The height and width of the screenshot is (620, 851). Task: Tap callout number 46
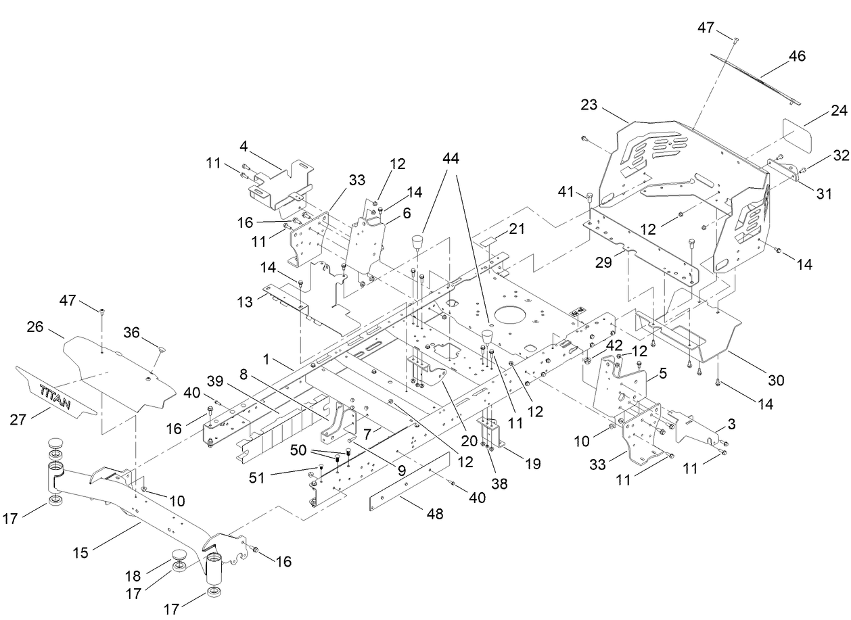[797, 56]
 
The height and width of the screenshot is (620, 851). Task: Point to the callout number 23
[589, 105]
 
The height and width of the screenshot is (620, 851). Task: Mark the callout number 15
[80, 553]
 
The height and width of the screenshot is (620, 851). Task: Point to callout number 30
[776, 381]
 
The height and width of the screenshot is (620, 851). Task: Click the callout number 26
[35, 327]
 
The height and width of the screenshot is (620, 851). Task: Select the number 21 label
[517, 230]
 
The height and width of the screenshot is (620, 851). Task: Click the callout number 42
[614, 343]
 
